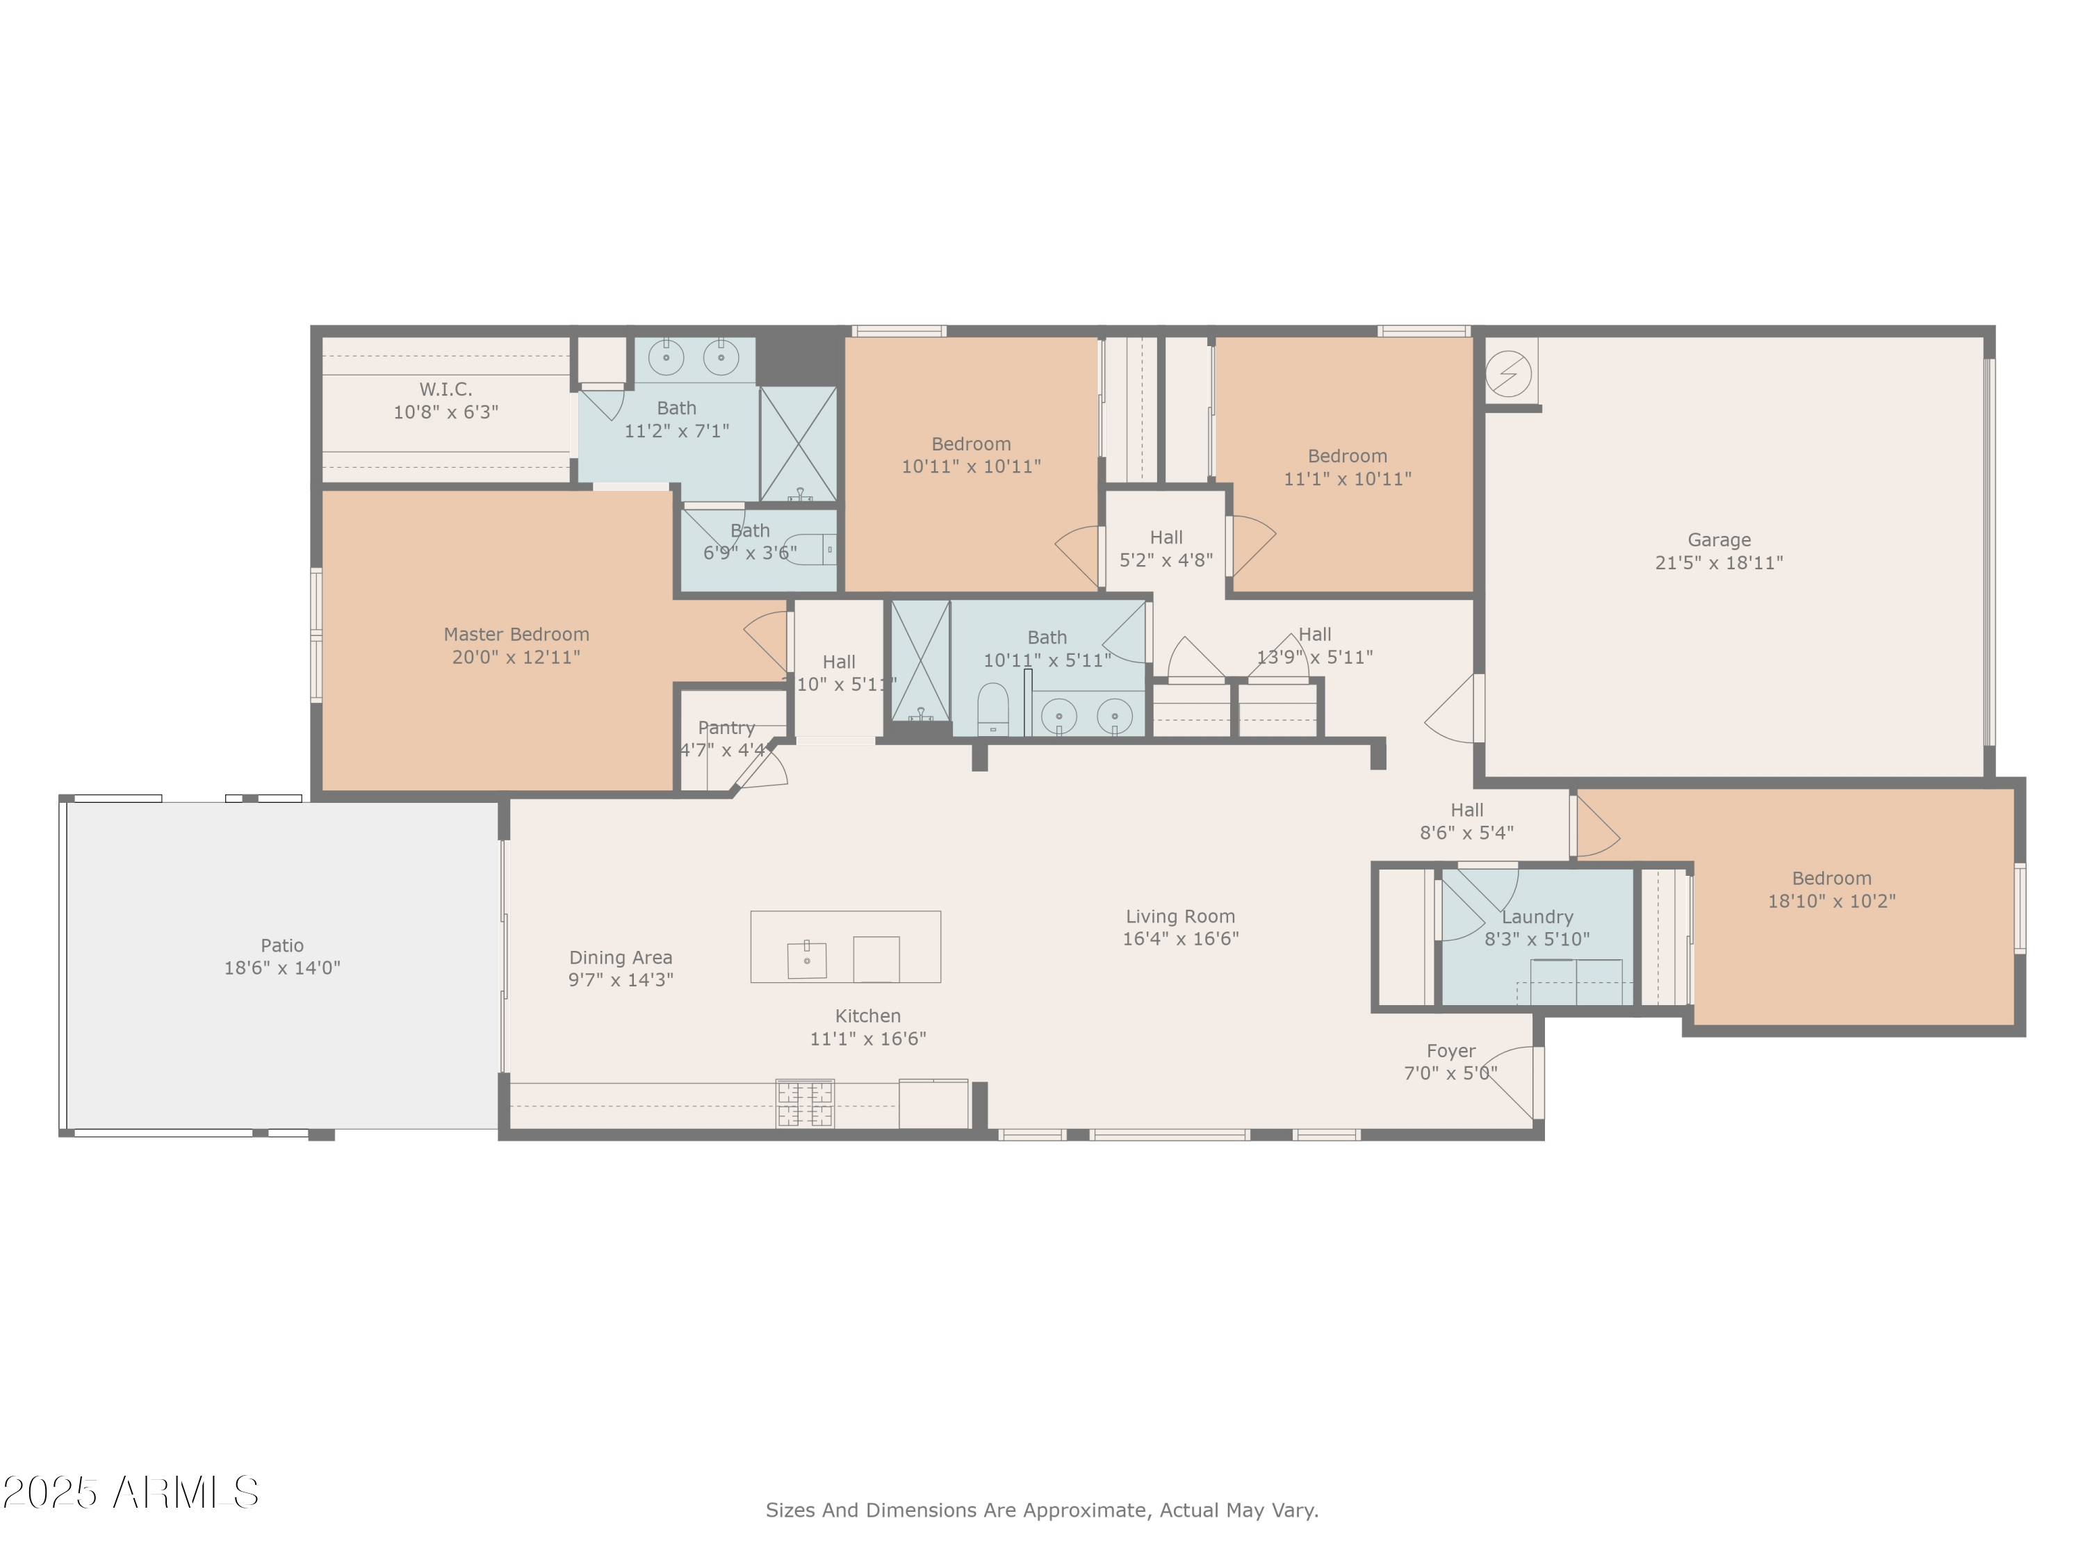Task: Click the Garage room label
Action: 1718,540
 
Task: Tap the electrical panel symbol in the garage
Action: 1507,373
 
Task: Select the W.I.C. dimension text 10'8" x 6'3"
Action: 446,412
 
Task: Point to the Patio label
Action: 282,945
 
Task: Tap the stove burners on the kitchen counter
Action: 804,1104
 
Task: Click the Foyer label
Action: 1450,1051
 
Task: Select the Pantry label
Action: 726,728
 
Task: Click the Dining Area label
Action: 620,958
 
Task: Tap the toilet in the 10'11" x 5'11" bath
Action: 992,708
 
